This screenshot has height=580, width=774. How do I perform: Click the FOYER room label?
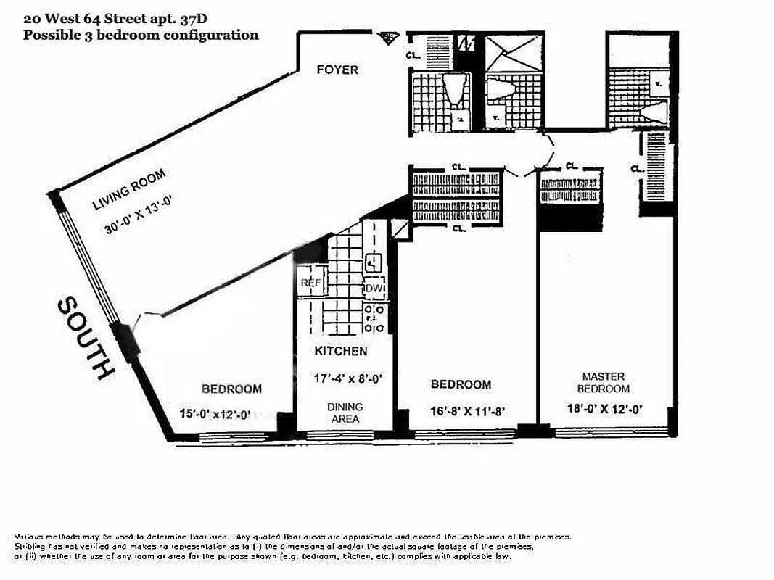(337, 70)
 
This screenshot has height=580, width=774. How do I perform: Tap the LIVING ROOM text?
(129, 190)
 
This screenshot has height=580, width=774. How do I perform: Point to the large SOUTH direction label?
(86, 338)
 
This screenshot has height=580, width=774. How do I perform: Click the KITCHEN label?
(340, 352)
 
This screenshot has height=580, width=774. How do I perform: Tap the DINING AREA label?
(344, 413)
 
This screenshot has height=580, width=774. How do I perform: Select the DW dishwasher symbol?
(374, 289)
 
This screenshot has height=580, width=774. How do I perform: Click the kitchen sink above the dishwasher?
(373, 262)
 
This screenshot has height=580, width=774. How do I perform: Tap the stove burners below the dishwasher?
(374, 315)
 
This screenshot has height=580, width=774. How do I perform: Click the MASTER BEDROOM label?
(604, 382)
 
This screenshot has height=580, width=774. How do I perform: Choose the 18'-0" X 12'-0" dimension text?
(604, 408)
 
